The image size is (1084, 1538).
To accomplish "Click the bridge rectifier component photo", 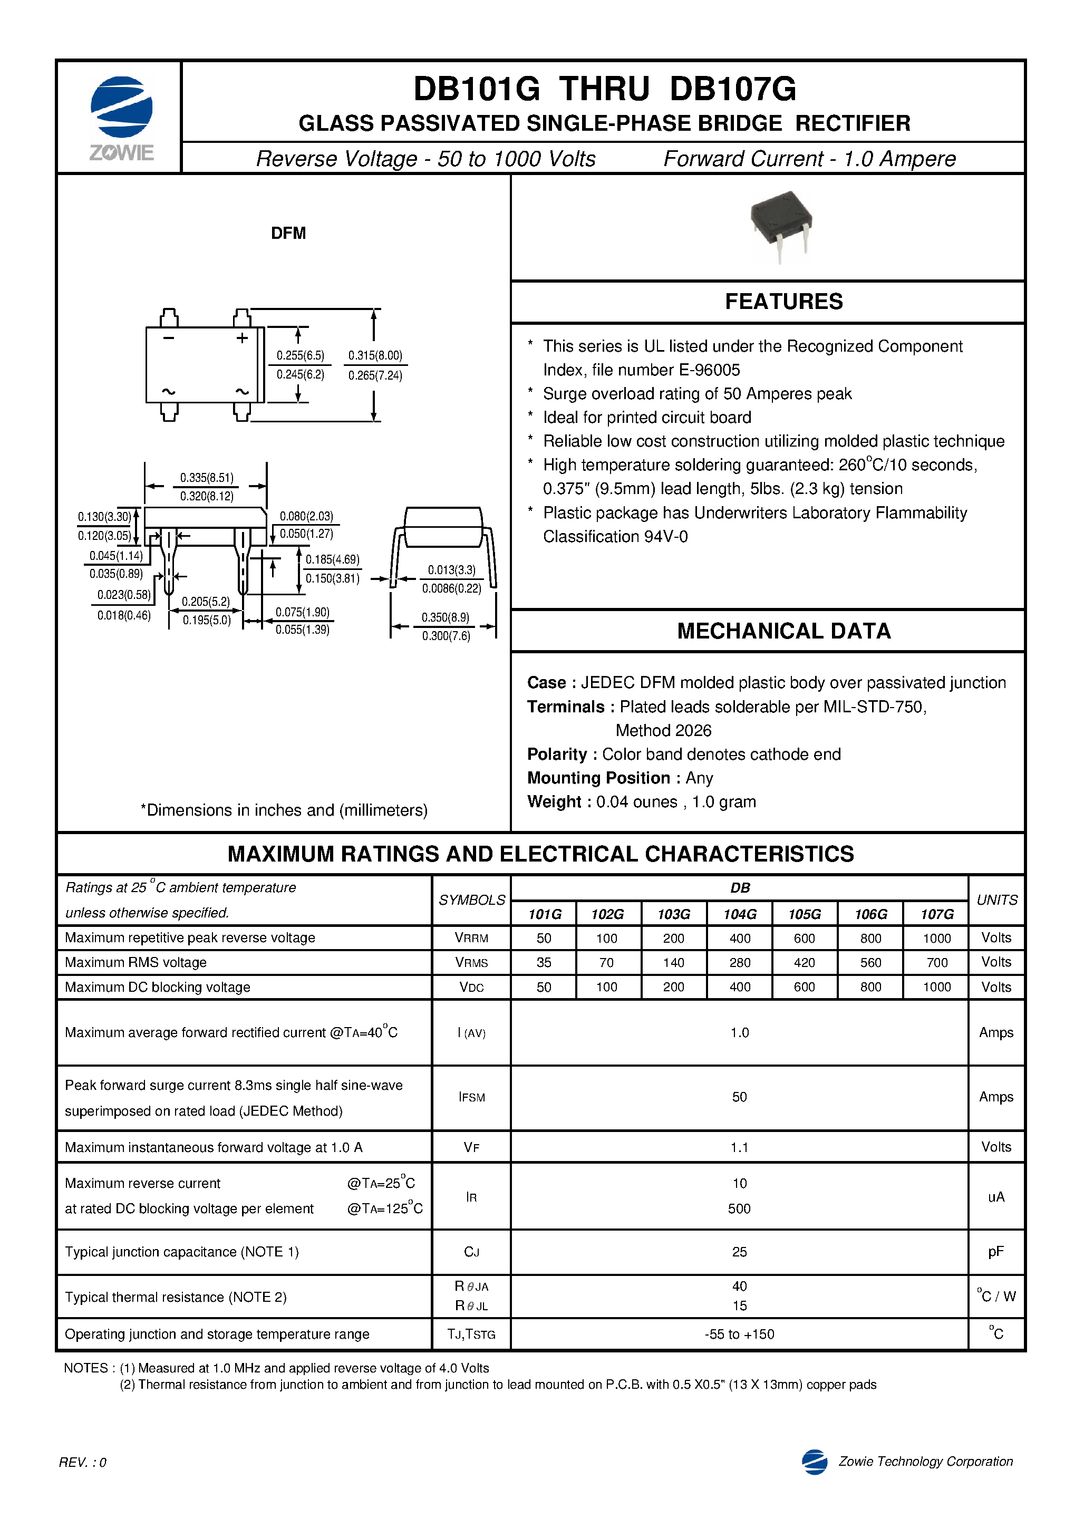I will pos(781,225).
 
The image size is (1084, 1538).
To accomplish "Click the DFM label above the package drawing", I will pos(288,233).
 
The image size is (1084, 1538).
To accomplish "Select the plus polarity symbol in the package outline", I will pos(242,338).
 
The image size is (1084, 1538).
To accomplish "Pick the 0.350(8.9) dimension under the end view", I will pos(445,617).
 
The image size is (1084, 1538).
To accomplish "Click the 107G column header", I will pos(936,914).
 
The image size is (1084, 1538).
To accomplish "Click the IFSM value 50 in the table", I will pos(739,1097).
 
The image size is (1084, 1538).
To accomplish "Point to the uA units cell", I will pos(995,1196).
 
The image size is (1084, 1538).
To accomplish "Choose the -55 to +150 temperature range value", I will pos(739,1334).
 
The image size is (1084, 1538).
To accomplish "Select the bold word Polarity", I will pos(556,755).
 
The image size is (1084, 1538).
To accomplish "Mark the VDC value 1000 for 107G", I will pos(936,986).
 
